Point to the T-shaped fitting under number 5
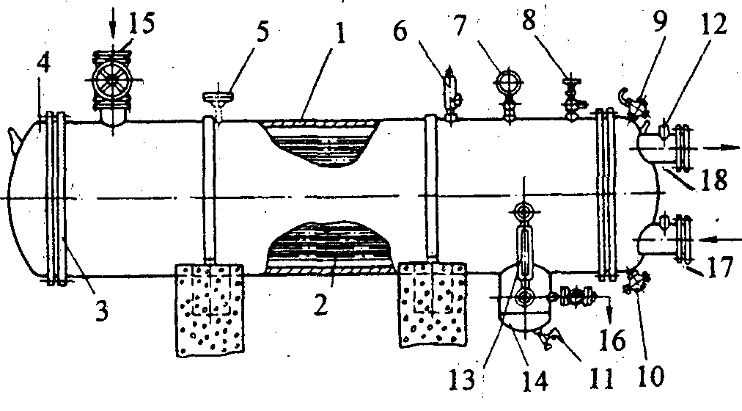(217, 99)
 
